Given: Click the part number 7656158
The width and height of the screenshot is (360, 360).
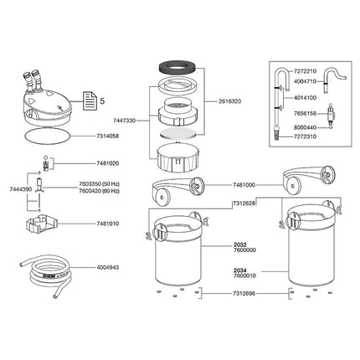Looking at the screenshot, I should pos(324,111).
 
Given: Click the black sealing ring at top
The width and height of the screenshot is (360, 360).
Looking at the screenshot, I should pos(179,69).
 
